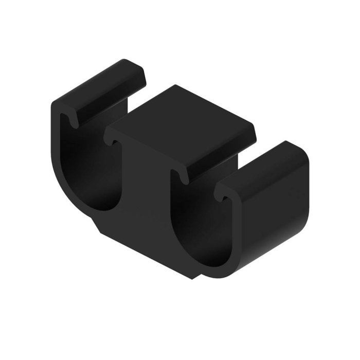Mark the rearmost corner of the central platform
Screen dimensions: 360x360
coord(176,86)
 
